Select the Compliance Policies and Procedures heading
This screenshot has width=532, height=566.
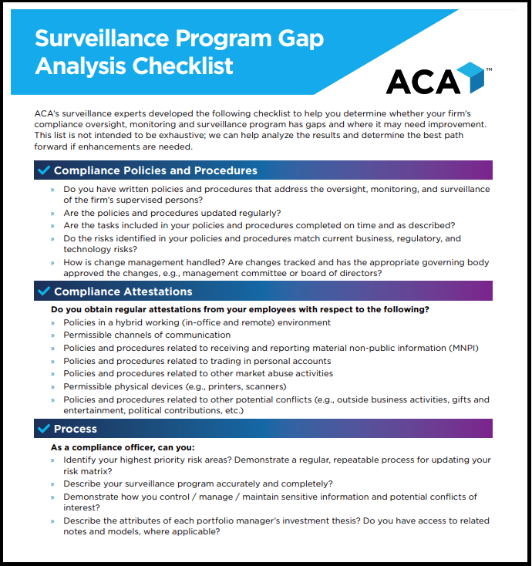click(155, 170)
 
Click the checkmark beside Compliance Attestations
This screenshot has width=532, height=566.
click(43, 291)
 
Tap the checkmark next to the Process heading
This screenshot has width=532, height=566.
click(43, 429)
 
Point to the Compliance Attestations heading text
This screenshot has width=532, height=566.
click(123, 291)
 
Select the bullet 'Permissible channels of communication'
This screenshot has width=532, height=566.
click(146, 335)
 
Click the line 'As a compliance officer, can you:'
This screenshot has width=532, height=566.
click(123, 447)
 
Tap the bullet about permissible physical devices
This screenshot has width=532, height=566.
click(174, 386)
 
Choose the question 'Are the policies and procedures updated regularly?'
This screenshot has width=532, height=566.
click(171, 213)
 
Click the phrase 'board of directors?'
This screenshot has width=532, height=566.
click(338, 274)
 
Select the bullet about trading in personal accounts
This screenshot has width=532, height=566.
click(197, 361)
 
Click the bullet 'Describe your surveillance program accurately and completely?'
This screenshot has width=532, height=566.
click(197, 484)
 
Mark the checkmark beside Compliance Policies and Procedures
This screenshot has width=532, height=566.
click(43, 170)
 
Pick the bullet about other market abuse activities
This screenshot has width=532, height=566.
click(198, 373)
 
